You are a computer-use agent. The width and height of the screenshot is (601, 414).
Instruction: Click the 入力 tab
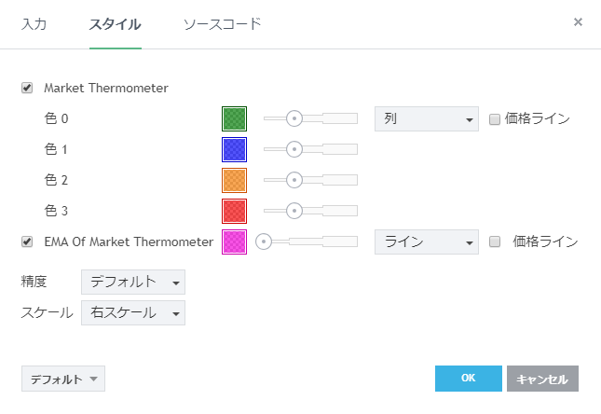tap(34, 23)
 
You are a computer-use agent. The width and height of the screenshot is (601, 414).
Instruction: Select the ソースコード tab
tap(222, 23)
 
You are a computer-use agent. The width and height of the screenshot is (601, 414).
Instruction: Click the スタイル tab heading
tap(115, 23)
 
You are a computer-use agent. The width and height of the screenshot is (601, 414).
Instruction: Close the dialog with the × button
tap(578, 21)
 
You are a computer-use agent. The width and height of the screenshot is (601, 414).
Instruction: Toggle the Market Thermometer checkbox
tap(27, 89)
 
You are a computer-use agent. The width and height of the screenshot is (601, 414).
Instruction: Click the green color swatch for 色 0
tap(234, 118)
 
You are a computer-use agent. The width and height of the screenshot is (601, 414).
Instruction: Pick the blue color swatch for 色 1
tap(234, 149)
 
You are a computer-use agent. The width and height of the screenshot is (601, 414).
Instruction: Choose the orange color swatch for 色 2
tap(234, 180)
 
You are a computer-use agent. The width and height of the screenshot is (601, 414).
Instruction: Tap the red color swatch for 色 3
tap(234, 211)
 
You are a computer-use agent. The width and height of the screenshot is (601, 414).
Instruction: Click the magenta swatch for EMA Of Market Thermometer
tap(234, 241)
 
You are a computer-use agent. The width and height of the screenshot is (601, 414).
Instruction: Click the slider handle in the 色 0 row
tap(294, 118)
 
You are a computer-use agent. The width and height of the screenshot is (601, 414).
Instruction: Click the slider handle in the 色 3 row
tap(294, 211)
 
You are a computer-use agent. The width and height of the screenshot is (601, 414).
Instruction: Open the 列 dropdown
tap(426, 118)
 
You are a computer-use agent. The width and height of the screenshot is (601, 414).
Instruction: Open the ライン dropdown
tap(426, 241)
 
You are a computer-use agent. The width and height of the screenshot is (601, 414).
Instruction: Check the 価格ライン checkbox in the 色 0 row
tap(495, 118)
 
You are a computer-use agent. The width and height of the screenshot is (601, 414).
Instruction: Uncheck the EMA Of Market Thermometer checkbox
tap(27, 241)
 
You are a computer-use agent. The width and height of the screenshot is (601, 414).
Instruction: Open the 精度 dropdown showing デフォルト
tap(133, 282)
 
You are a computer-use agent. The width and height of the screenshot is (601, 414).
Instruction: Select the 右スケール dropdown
tap(133, 313)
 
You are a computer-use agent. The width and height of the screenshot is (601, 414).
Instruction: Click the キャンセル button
tap(542, 379)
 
